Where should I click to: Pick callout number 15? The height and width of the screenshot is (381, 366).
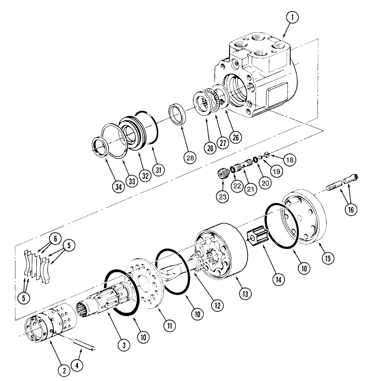(x=327, y=257)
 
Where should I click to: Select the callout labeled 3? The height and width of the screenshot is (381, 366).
(x=124, y=345)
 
